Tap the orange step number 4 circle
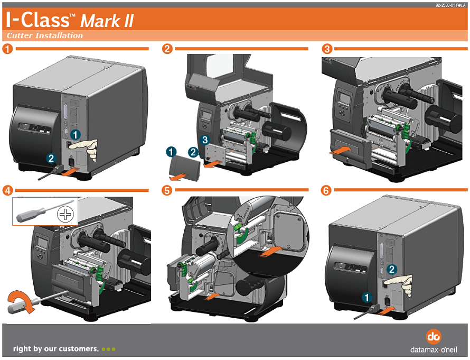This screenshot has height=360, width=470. [x=7, y=189]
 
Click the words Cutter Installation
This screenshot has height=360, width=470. [x=45, y=36]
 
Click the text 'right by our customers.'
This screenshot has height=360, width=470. [x=55, y=349]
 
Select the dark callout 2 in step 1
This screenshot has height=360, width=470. [x=51, y=158]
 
